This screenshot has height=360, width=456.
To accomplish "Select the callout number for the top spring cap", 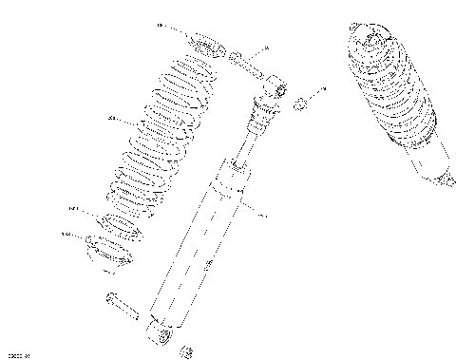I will point(159,25).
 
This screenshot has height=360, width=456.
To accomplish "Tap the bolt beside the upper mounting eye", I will point(244,66).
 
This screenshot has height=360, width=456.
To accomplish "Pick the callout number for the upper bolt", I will point(266,47).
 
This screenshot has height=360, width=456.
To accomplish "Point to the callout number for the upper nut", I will point(323,88).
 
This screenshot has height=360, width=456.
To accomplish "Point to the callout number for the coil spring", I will point(112,120).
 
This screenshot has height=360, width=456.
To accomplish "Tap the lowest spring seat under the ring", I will point(110,252).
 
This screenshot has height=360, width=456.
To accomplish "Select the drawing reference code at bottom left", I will point(19,354).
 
